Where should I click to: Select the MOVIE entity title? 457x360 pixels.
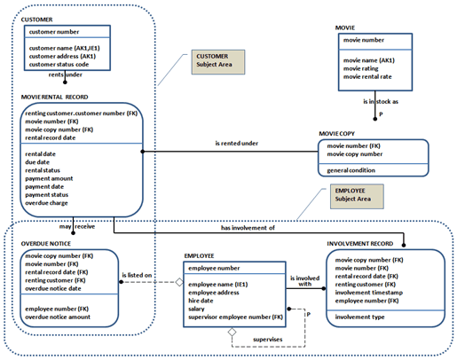(x=345, y=27)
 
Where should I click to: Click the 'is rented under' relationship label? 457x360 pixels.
(x=237, y=142)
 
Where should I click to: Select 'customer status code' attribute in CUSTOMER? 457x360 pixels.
(x=64, y=65)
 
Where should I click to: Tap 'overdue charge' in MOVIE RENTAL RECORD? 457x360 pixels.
(x=51, y=203)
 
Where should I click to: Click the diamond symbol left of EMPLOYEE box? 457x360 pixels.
(x=177, y=283)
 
